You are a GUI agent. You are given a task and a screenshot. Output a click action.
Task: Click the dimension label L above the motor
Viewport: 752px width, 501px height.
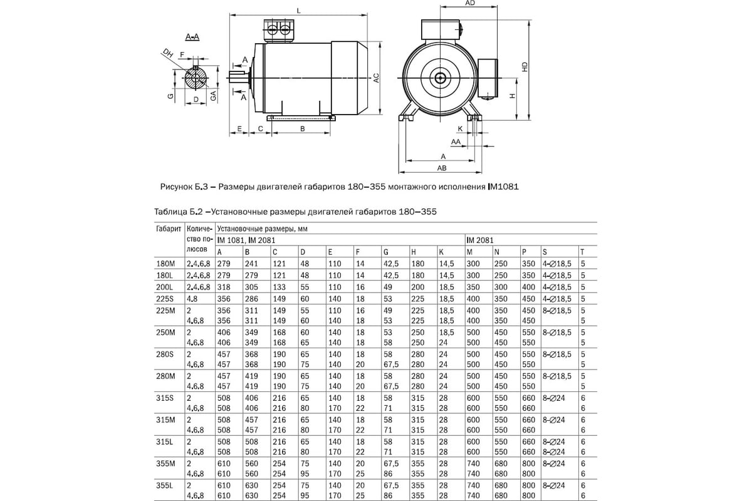(x=299, y=10)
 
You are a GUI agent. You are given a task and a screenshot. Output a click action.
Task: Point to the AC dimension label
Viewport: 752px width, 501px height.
(x=377, y=78)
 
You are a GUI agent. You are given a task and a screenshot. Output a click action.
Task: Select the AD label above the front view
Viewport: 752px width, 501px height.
(x=469, y=3)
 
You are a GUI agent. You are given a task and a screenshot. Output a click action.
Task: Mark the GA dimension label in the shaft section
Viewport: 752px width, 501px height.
(x=214, y=96)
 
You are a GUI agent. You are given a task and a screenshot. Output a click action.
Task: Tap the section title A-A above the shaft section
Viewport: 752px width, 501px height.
(x=192, y=38)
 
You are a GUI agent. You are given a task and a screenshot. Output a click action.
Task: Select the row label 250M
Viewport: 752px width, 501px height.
(x=165, y=331)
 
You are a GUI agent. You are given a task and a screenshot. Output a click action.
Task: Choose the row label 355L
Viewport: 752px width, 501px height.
(x=165, y=485)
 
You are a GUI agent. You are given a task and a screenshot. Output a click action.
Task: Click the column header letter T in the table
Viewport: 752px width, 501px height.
(x=582, y=252)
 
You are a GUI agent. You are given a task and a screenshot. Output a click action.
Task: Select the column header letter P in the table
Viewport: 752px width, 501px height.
(x=524, y=252)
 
